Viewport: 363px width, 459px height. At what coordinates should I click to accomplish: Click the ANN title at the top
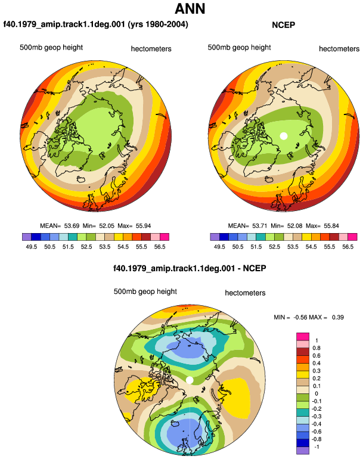(190, 9)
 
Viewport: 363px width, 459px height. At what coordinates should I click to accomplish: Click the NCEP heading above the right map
(283, 25)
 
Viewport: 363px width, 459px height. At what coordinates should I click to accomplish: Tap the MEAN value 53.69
(72, 226)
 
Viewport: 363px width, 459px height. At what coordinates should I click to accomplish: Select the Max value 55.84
(331, 226)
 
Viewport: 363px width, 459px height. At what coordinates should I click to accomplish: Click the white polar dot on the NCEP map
(283, 136)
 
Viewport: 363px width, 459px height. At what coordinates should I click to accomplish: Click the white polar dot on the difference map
(190, 380)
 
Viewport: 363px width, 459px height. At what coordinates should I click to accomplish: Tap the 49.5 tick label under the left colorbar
(32, 247)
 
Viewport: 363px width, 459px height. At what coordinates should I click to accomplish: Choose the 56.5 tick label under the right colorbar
(348, 247)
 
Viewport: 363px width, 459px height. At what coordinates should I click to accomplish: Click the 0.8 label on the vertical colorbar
(317, 348)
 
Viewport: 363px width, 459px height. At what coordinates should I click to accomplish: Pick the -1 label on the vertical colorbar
(317, 446)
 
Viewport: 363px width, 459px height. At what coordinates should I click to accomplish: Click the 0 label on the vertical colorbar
(316, 393)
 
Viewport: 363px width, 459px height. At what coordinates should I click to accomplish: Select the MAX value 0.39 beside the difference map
(338, 317)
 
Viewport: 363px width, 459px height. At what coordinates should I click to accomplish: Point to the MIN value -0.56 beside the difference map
(300, 317)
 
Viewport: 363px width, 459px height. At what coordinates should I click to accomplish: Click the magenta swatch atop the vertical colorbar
(303, 336)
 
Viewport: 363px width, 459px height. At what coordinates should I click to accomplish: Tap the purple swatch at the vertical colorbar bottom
(303, 451)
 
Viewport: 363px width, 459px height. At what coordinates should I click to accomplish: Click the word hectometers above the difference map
(245, 293)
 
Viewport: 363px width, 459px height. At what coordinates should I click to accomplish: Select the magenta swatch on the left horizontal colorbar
(165, 237)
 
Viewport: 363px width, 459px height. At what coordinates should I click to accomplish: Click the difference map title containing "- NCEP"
(190, 268)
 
